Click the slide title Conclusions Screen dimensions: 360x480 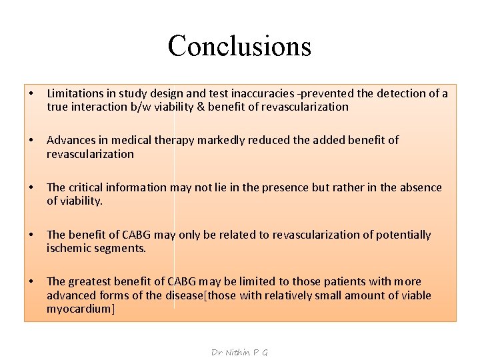[239, 46]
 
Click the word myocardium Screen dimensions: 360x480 [81, 309]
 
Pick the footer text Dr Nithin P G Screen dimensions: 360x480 [239, 352]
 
